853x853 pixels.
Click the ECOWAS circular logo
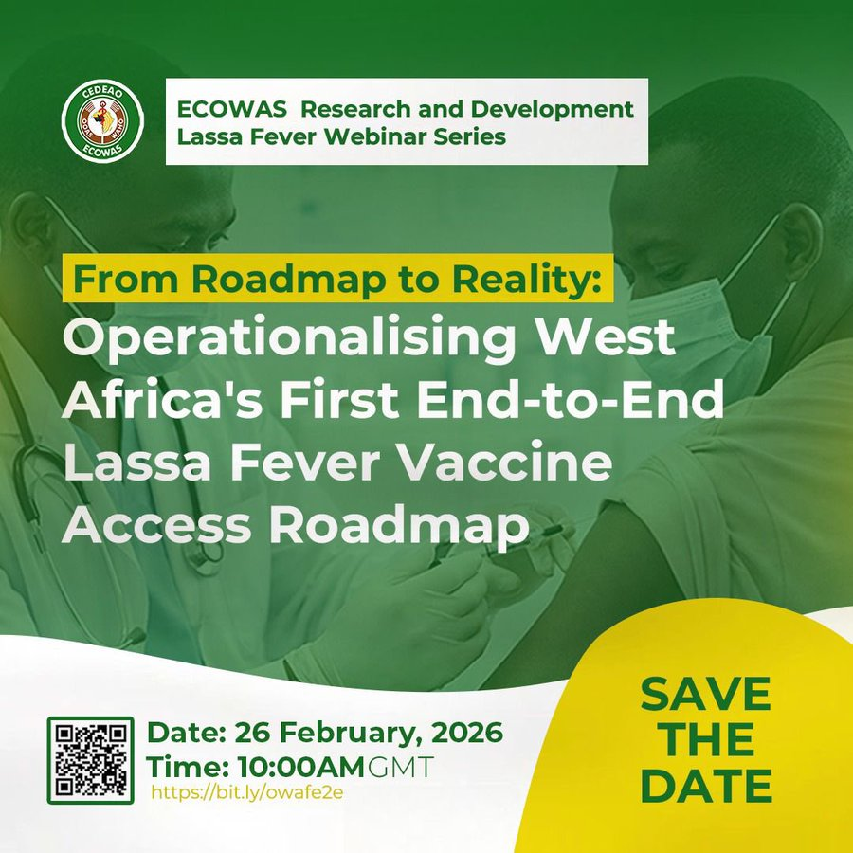[x=102, y=121]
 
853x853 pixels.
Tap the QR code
[x=90, y=759]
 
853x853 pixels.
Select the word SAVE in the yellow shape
[x=705, y=695]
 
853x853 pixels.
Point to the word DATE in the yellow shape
[x=706, y=787]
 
